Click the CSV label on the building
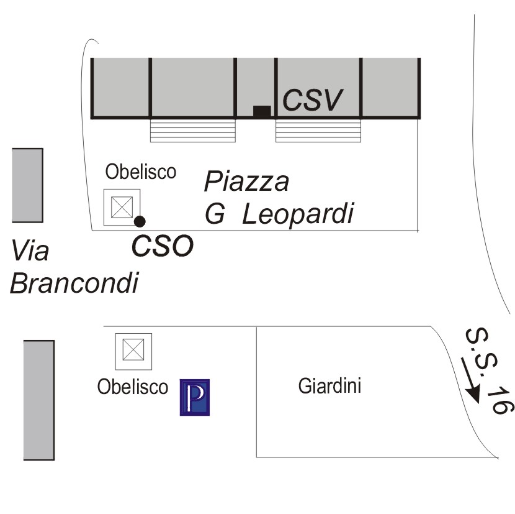313,100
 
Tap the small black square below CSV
262,112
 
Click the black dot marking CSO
140,221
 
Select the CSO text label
163,246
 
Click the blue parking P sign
195,397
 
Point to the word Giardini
329,387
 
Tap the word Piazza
247,182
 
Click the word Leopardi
298,214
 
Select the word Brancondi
74,284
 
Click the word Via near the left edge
30,252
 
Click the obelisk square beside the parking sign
133,351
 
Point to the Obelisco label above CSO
141,172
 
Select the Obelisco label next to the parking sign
133,387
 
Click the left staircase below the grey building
193,131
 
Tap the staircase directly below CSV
318,131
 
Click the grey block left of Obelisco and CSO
27,185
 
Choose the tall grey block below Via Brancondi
38,400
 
